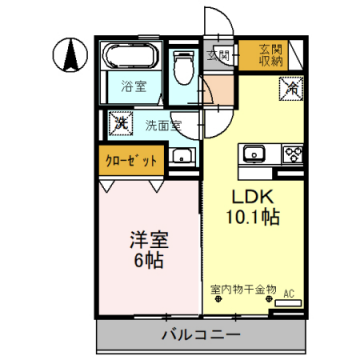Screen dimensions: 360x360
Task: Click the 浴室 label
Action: (134, 86)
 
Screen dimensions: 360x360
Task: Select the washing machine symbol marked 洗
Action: (120, 123)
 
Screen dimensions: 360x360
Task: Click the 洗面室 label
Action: (161, 126)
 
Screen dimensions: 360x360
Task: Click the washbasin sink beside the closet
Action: (182, 157)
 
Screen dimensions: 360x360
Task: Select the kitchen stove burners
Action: (292, 154)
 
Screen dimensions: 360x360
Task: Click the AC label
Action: (289, 293)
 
